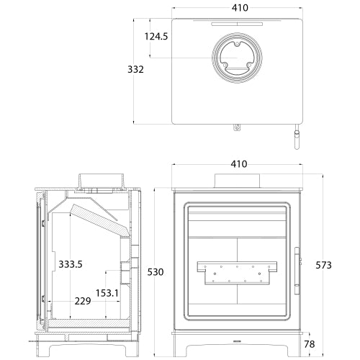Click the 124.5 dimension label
point(156,35)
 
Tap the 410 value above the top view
point(240,8)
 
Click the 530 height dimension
point(156,272)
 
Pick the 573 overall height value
point(324,265)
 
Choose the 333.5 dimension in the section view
point(71,264)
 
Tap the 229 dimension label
point(82,302)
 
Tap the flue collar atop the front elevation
point(236,181)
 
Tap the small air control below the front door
point(237,337)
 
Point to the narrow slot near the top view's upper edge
point(236,23)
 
